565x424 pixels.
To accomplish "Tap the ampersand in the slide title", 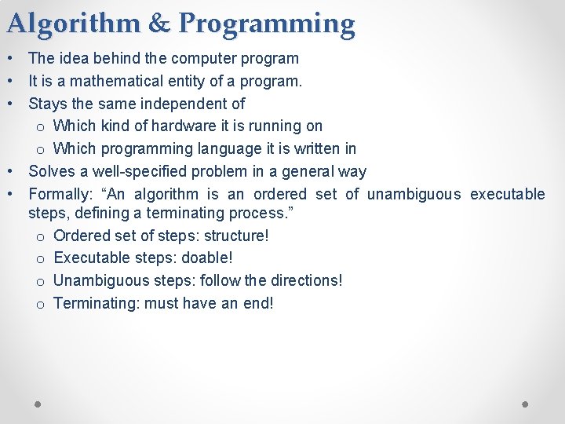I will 159,24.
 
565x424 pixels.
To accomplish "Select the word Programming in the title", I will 267,25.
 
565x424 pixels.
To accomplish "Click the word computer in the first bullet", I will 208,58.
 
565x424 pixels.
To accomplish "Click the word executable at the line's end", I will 507,194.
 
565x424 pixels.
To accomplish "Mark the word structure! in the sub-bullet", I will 236,236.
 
